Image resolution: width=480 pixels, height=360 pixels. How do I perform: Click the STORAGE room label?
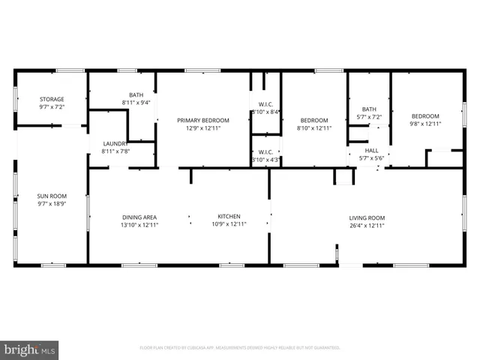[52, 99]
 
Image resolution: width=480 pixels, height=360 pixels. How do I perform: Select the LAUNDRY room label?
[115, 144]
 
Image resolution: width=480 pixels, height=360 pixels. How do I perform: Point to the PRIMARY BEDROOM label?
[202, 120]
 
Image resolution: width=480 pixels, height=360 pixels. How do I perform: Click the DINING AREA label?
[140, 217]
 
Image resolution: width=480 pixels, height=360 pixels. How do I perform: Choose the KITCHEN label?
[229, 217]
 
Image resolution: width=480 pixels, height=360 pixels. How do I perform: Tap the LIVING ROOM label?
[367, 217]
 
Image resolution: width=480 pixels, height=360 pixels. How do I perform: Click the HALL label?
[371, 150]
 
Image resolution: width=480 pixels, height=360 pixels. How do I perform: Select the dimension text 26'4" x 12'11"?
[367, 225]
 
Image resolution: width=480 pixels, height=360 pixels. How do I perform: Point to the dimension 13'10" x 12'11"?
[140, 224]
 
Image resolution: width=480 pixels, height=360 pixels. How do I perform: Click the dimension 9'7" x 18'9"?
[52, 203]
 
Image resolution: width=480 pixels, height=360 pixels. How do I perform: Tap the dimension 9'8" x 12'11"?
[424, 124]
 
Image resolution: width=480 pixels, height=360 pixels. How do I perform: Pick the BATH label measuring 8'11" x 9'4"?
[136, 94]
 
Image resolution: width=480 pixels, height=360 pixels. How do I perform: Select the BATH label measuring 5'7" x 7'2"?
[369, 109]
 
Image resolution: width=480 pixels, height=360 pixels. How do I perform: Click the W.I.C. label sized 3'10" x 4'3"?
[265, 151]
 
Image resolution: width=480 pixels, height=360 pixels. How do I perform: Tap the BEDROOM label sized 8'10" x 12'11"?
[314, 120]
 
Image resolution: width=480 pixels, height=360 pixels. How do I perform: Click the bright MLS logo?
[30, 349]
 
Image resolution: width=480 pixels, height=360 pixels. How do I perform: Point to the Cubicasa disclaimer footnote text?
[240, 348]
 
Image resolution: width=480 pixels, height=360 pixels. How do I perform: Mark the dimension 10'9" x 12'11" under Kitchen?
[229, 224]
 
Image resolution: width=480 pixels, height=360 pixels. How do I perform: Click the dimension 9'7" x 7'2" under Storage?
[52, 106]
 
